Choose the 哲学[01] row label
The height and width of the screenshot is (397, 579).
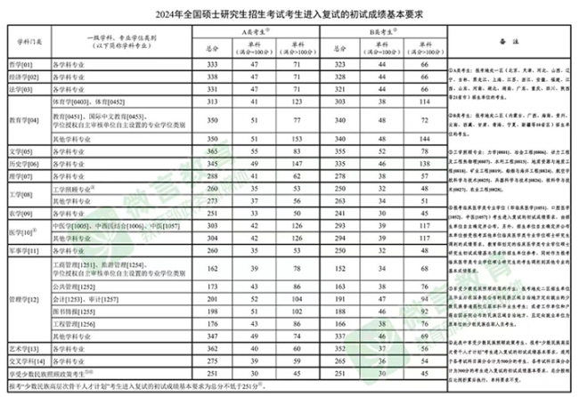[x=20, y=65]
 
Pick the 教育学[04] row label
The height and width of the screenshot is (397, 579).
[x=24, y=119]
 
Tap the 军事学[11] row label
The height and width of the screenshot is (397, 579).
[x=24, y=251]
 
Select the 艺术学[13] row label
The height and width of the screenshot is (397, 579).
[x=23, y=348]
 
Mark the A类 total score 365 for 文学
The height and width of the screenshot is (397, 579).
[x=211, y=152]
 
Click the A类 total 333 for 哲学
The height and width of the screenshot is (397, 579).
[x=211, y=65]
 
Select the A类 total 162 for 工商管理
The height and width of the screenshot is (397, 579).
[x=211, y=269]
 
